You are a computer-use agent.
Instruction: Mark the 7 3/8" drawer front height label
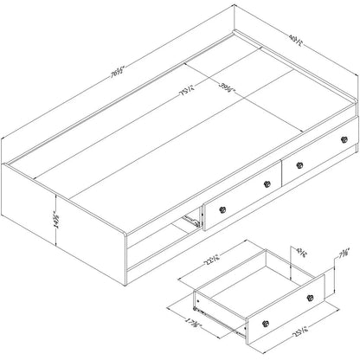[x=344, y=254]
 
